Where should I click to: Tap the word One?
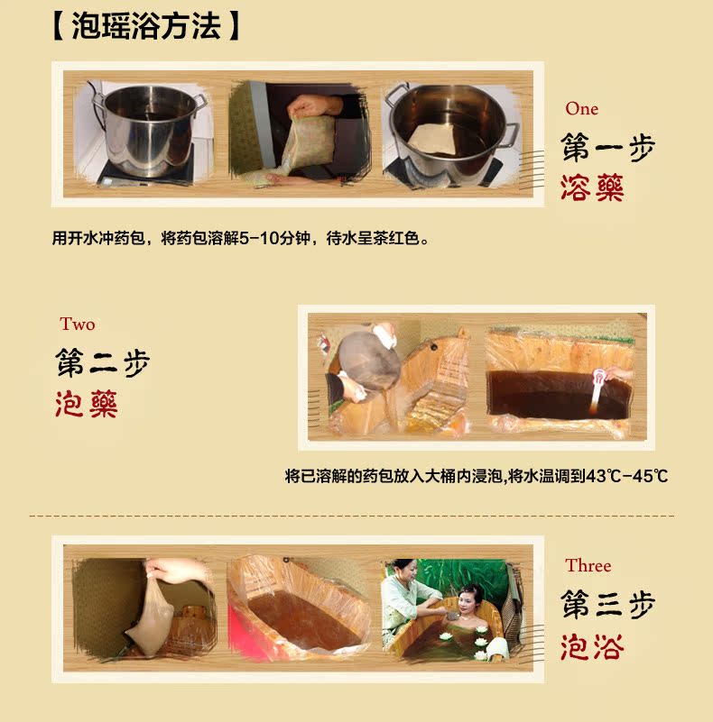pyautogui.click(x=582, y=109)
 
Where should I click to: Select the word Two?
pyautogui.click(x=78, y=324)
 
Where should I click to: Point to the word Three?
pyautogui.click(x=588, y=566)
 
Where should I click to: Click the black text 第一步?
pyautogui.click(x=607, y=149)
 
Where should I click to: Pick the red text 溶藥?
pyautogui.click(x=592, y=187)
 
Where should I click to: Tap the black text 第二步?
pyautogui.click(x=102, y=363)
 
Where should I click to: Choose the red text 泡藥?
pyautogui.click(x=87, y=403)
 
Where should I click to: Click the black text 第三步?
pyautogui.click(x=607, y=605)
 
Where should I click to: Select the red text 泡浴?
pyautogui.click(x=592, y=645)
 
